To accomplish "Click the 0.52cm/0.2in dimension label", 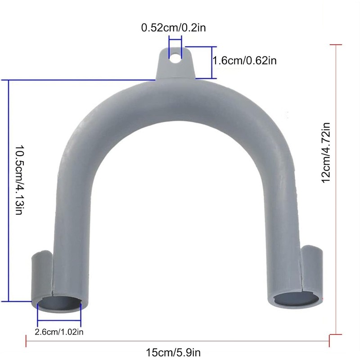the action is click(x=173, y=28).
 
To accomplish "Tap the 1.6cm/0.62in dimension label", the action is click(x=244, y=61).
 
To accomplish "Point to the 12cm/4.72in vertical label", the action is click(x=326, y=153).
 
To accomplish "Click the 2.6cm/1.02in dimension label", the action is click(x=59, y=332).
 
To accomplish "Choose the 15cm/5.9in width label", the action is click(x=173, y=352).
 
